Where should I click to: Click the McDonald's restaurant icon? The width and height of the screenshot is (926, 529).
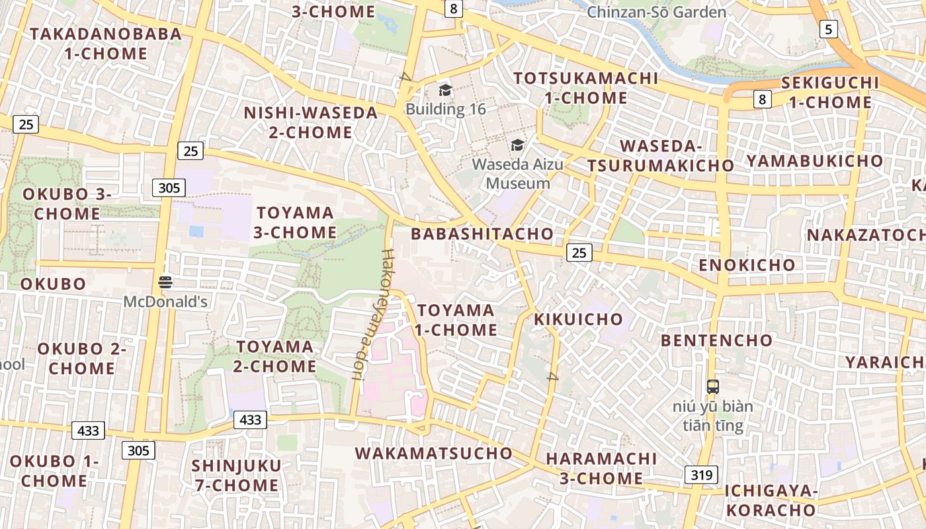click(165, 283)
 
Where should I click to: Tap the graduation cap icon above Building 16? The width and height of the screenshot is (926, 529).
click(445, 90)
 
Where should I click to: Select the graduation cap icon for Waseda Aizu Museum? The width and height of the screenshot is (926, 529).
click(517, 145)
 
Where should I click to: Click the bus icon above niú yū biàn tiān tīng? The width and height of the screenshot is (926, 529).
click(712, 387)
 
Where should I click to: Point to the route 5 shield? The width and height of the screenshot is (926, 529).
click(828, 29)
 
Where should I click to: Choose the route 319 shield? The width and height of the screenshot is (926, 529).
click(700, 475)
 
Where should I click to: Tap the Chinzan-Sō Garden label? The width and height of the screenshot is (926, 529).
click(656, 12)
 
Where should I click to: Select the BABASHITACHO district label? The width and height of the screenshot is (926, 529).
click(482, 233)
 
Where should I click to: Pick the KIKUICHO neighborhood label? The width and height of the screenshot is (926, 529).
click(578, 319)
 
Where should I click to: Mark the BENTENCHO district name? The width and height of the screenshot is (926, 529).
click(716, 341)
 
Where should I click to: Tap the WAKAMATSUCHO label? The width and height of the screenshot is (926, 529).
click(433, 453)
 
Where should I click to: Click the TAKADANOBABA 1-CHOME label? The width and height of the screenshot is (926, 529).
click(106, 44)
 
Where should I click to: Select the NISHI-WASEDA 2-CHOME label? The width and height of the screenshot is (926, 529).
click(310, 122)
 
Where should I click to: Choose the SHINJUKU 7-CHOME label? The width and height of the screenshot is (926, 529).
click(236, 475)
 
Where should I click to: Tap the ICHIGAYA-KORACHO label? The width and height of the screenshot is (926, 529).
click(771, 501)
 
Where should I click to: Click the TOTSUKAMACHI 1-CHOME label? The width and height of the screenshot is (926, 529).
click(586, 88)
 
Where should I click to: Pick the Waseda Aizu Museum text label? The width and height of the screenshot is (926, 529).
click(518, 173)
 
